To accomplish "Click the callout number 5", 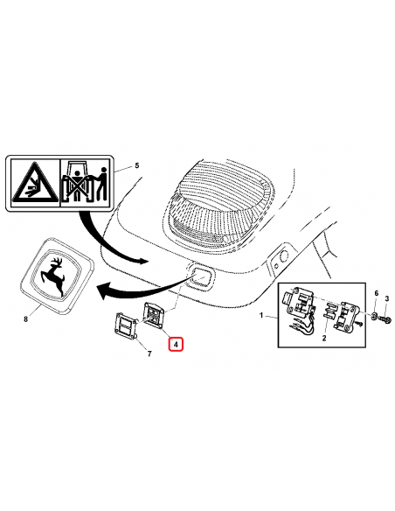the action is pyautogui.click(x=136, y=165).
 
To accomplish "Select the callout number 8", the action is pyautogui.click(x=26, y=318).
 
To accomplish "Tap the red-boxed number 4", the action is pyautogui.click(x=176, y=344).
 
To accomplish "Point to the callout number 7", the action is pyautogui.click(x=149, y=353).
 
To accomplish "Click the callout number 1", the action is pyautogui.click(x=261, y=315).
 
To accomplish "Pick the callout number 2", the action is pyautogui.click(x=324, y=339).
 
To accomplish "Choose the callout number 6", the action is pyautogui.click(x=377, y=293).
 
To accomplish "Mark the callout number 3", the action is pyautogui.click(x=387, y=298).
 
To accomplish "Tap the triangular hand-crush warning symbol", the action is pyautogui.click(x=35, y=183).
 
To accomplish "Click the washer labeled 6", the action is pyautogui.click(x=375, y=315).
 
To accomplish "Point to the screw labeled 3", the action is pyautogui.click(x=385, y=317).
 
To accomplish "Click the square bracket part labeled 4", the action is pyautogui.click(x=155, y=314).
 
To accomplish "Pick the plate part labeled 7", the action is pyautogui.click(x=126, y=325).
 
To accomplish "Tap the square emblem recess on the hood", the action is pyautogui.click(x=200, y=276).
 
